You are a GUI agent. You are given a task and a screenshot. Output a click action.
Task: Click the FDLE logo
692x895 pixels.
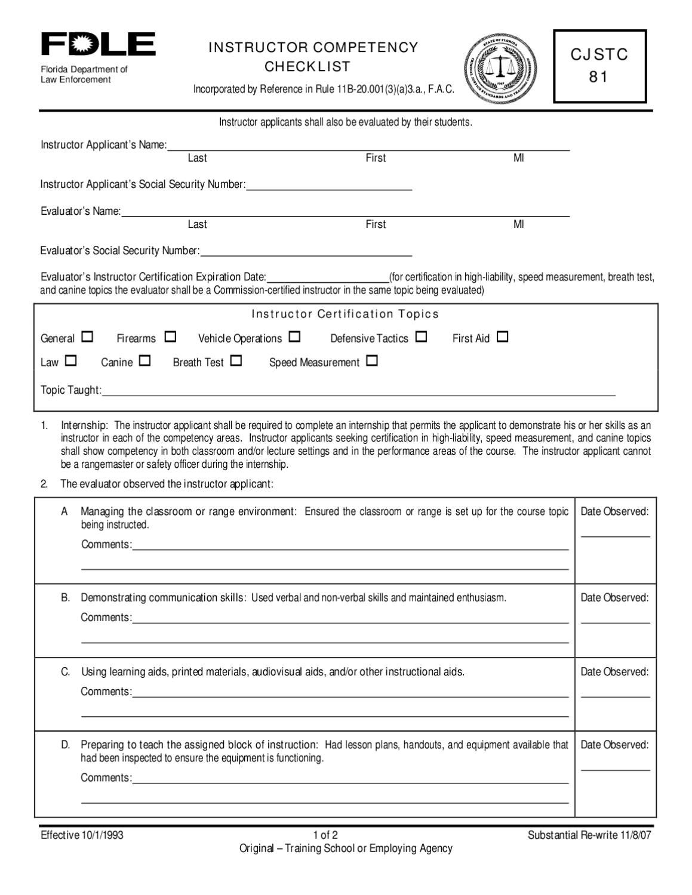[x=98, y=45]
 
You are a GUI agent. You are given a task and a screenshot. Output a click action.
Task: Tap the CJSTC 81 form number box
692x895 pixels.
[x=599, y=66]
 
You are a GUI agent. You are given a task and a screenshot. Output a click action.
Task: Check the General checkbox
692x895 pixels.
[x=87, y=337]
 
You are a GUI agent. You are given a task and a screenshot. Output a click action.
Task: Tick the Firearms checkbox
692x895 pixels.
[x=170, y=337]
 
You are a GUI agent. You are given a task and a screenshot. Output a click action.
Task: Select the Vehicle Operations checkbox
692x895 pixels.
[x=294, y=337]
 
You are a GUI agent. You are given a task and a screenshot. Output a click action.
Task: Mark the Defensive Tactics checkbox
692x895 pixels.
[x=421, y=337]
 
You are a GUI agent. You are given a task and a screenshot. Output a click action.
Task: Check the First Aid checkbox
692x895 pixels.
[x=502, y=337]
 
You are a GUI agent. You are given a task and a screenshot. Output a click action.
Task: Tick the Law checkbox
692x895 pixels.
[x=71, y=360]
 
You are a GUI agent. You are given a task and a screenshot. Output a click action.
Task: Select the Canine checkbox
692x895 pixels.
[x=144, y=360]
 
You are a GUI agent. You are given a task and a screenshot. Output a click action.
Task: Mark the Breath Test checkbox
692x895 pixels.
[x=236, y=360]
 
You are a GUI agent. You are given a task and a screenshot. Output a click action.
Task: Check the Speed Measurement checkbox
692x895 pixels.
[x=372, y=360]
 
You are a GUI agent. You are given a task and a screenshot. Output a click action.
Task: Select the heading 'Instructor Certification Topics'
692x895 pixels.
[x=345, y=314]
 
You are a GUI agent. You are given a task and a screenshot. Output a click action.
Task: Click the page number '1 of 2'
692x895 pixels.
[x=325, y=835]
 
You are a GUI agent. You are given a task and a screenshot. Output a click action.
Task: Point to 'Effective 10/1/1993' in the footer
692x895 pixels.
[x=82, y=835]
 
